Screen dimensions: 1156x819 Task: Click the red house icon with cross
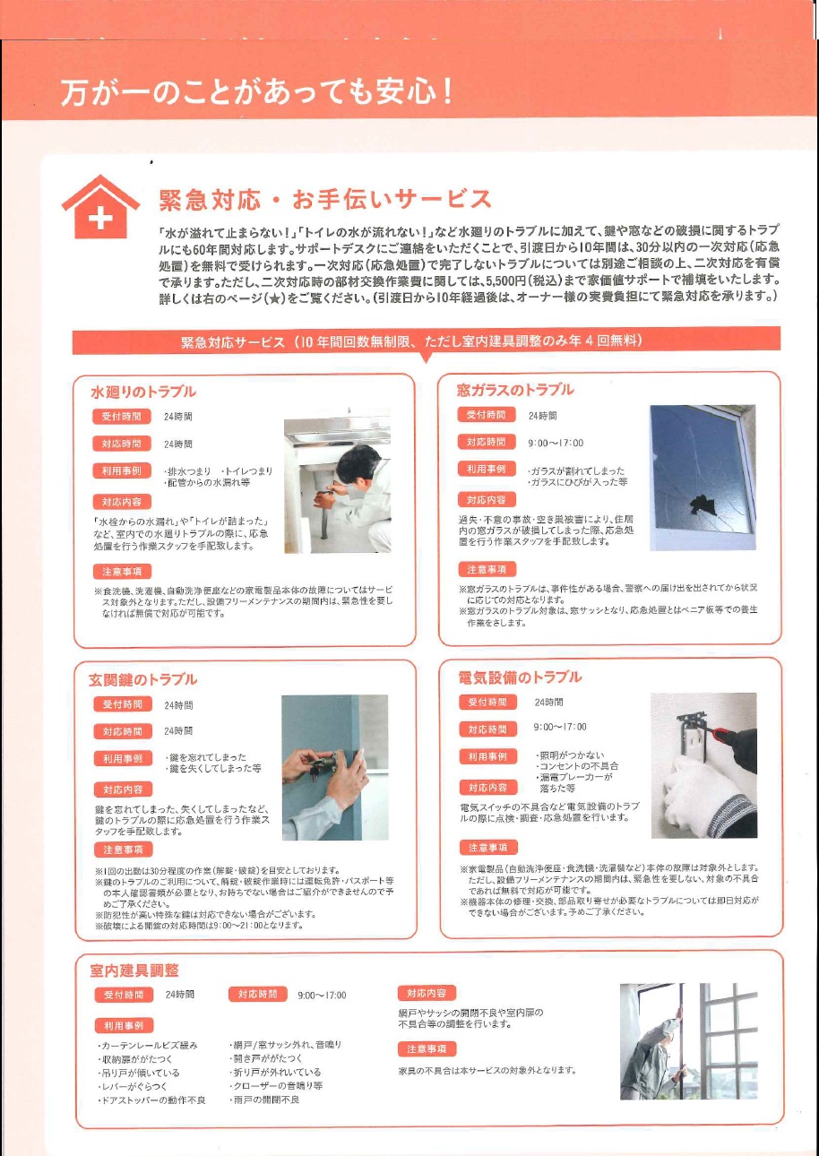(100, 207)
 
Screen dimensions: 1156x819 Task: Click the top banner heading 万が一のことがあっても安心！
(255, 92)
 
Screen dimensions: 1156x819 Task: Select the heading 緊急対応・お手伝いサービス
(324, 198)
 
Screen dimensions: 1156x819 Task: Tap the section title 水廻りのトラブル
(143, 392)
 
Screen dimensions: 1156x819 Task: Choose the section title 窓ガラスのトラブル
(515, 390)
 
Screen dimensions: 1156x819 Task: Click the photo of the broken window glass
(703, 477)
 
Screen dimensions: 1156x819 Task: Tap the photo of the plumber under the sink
(337, 485)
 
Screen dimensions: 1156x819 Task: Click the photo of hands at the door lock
(334, 766)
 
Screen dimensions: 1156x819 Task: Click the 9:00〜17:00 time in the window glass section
(556, 443)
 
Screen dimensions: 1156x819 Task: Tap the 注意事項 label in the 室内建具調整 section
(427, 1048)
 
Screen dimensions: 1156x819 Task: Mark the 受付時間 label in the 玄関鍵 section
(123, 704)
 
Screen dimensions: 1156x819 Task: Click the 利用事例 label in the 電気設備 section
(487, 757)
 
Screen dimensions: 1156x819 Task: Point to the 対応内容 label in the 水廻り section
(122, 502)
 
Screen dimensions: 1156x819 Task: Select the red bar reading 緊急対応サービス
(426, 341)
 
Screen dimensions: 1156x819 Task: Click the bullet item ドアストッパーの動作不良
(151, 1100)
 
